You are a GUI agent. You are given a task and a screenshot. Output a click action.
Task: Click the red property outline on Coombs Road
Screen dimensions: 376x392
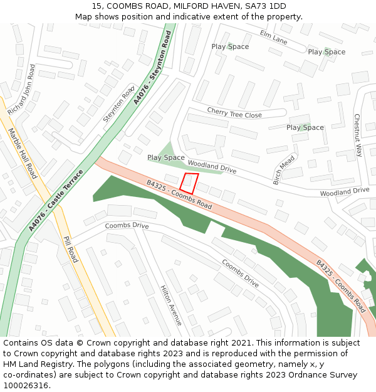click(189, 183)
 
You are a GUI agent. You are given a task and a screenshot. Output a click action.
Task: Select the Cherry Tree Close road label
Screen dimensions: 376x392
click(234, 113)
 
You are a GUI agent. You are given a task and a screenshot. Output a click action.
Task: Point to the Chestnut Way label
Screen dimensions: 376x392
click(357, 135)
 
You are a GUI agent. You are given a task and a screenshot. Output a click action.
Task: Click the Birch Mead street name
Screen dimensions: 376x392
click(284, 170)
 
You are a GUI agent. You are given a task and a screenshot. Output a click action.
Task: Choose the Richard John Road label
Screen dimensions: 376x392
click(21, 89)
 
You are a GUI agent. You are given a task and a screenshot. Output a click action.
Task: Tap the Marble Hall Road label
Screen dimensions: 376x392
click(24, 154)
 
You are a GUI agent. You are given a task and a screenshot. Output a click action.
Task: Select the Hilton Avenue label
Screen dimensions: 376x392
click(171, 305)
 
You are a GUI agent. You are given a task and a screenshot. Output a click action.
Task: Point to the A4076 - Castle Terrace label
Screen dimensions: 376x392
click(56, 200)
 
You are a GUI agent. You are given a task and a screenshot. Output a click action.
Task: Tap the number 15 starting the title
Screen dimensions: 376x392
click(97, 6)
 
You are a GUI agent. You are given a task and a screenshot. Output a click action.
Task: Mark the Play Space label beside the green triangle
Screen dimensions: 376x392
click(166, 157)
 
